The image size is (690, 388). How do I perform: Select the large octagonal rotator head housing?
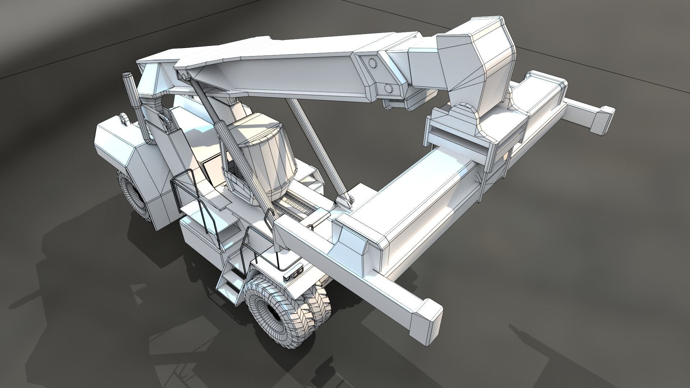(478, 61)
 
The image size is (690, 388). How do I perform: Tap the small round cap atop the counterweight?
(123, 119)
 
